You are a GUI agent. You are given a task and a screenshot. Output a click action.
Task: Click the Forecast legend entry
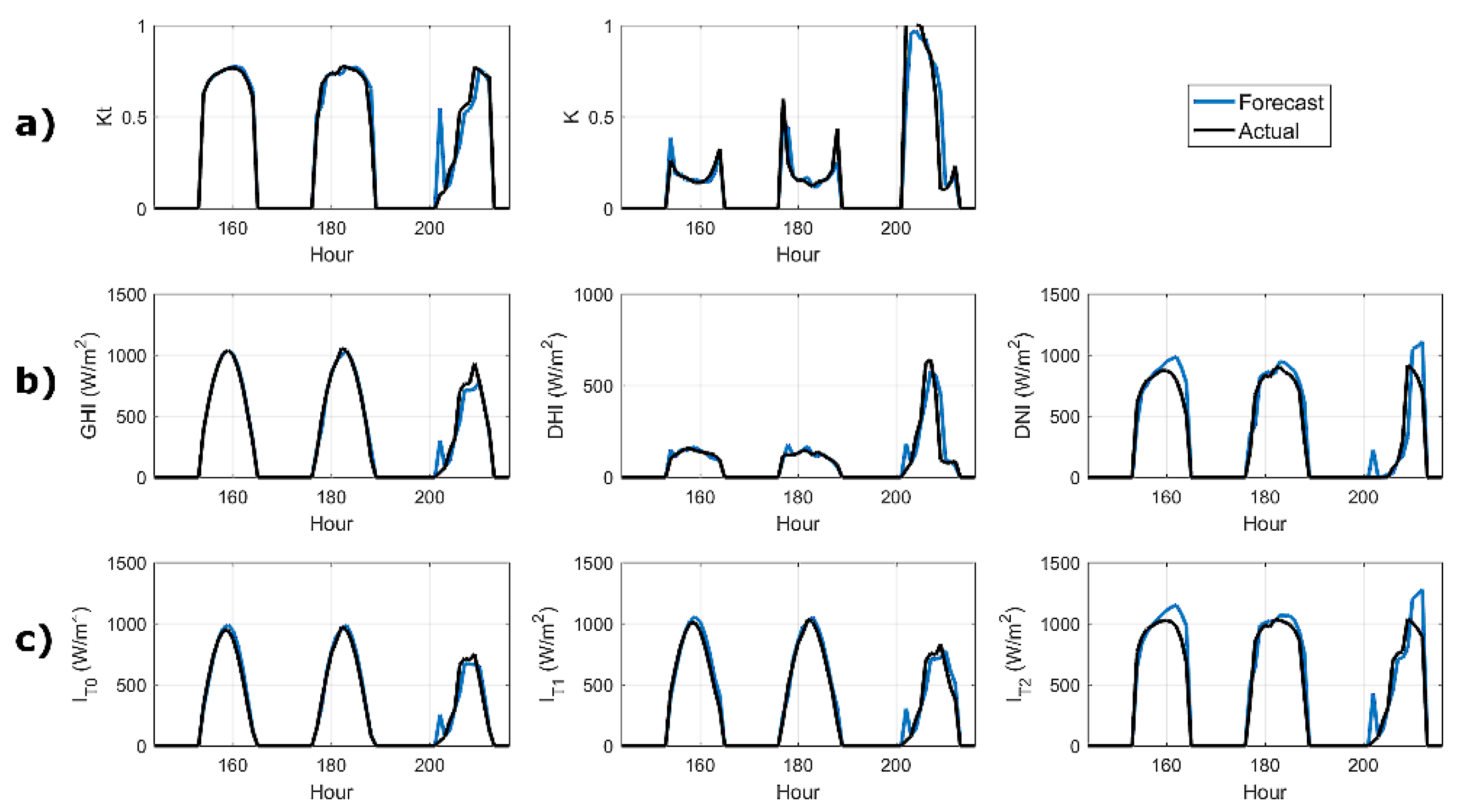(1280, 102)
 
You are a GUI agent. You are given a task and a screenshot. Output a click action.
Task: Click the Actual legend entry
(1268, 131)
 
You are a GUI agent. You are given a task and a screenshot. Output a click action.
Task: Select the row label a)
(35, 124)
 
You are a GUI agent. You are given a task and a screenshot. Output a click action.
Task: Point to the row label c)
(34, 640)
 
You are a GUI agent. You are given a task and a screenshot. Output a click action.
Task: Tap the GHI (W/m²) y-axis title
(89, 385)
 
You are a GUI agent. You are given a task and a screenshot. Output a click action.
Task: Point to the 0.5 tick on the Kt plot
(134, 118)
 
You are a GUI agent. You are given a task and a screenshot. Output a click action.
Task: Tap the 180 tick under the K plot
(798, 228)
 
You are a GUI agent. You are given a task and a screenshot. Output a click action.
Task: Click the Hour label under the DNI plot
(1264, 524)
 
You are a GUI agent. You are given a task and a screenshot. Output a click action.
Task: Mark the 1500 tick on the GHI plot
(127, 295)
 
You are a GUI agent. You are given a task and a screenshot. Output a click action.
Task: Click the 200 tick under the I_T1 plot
(896, 765)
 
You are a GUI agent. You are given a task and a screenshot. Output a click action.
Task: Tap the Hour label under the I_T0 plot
(331, 792)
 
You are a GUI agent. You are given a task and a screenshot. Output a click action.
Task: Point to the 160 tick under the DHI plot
(700, 497)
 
